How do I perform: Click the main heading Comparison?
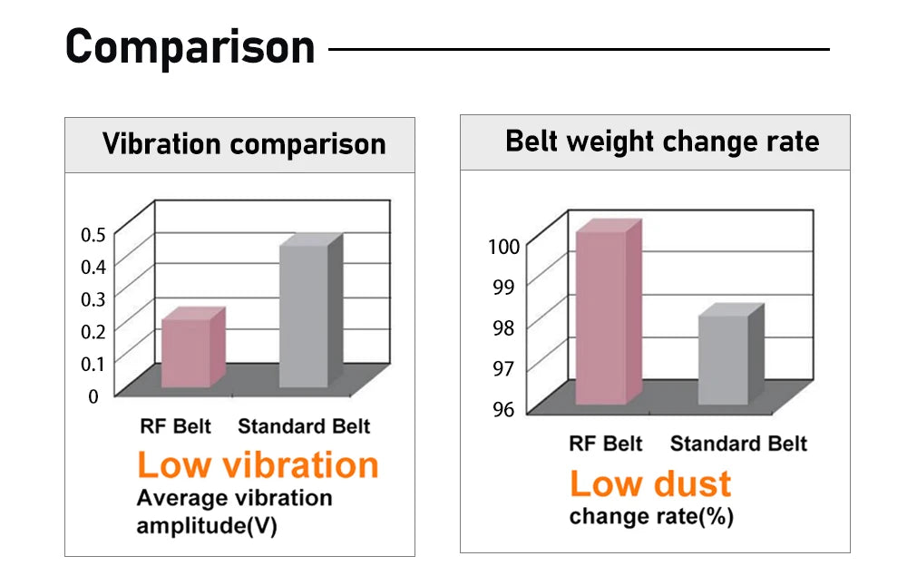tap(190, 46)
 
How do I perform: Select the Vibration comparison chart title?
tap(243, 144)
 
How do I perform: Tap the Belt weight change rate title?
tap(662, 141)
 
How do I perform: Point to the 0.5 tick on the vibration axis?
tap(93, 235)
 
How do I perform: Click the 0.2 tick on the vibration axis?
tap(93, 332)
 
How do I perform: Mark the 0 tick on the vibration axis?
tap(93, 396)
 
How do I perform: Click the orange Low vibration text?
tap(258, 465)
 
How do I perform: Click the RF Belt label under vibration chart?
tap(175, 426)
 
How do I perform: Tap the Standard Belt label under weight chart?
tap(738, 444)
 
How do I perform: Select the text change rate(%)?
tap(651, 517)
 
